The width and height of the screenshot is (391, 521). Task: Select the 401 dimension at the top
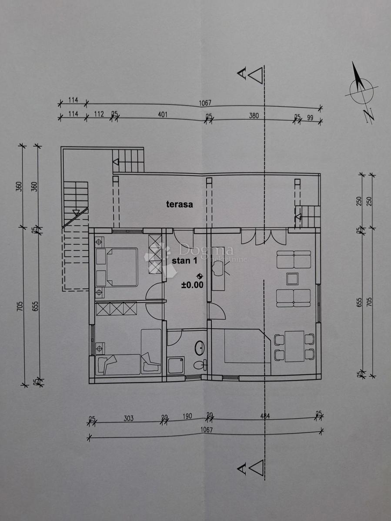point(163,115)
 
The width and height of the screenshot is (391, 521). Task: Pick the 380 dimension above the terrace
point(254,115)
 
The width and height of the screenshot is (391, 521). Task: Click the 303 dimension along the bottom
point(128,419)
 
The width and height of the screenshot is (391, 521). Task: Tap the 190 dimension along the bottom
point(187,416)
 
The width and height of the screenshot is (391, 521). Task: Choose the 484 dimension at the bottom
point(264,416)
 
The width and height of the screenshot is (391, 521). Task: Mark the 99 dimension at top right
point(310,117)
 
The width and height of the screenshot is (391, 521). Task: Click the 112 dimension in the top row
point(99,114)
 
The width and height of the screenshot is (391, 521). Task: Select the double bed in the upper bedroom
point(121,267)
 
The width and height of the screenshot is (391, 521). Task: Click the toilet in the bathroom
point(200,365)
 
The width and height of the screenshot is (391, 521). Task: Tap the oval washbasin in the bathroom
point(199,347)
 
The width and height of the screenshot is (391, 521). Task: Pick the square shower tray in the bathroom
point(176,365)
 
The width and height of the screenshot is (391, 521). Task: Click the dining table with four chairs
point(294,346)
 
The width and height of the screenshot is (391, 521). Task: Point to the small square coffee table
point(292,278)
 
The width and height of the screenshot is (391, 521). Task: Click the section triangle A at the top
point(255,75)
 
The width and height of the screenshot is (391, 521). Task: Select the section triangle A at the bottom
point(255,467)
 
